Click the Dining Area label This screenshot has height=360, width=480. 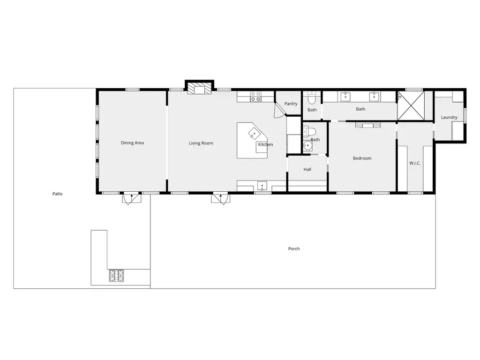tap(132, 142)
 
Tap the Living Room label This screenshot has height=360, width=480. tap(201, 143)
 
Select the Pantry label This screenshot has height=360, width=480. tap(291, 104)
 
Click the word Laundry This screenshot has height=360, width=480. tap(449, 117)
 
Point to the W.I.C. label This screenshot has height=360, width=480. tap(415, 163)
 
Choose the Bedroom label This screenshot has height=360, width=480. tap(362, 158)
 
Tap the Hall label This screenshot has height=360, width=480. tap(307, 169)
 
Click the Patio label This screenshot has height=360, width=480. tap(57, 194)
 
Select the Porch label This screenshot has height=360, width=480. tap(294, 248)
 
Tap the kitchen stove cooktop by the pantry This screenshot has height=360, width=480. tap(255, 97)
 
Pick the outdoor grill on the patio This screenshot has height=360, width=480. tap(116, 276)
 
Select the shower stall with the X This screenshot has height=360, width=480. tap(411, 105)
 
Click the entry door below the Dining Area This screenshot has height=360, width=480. tap(132, 198)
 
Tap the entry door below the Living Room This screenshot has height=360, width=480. tap(220, 198)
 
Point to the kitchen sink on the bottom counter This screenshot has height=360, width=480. tap(262, 186)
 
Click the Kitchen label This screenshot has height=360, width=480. tap(265, 144)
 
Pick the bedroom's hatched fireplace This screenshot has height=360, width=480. tap(367, 125)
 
